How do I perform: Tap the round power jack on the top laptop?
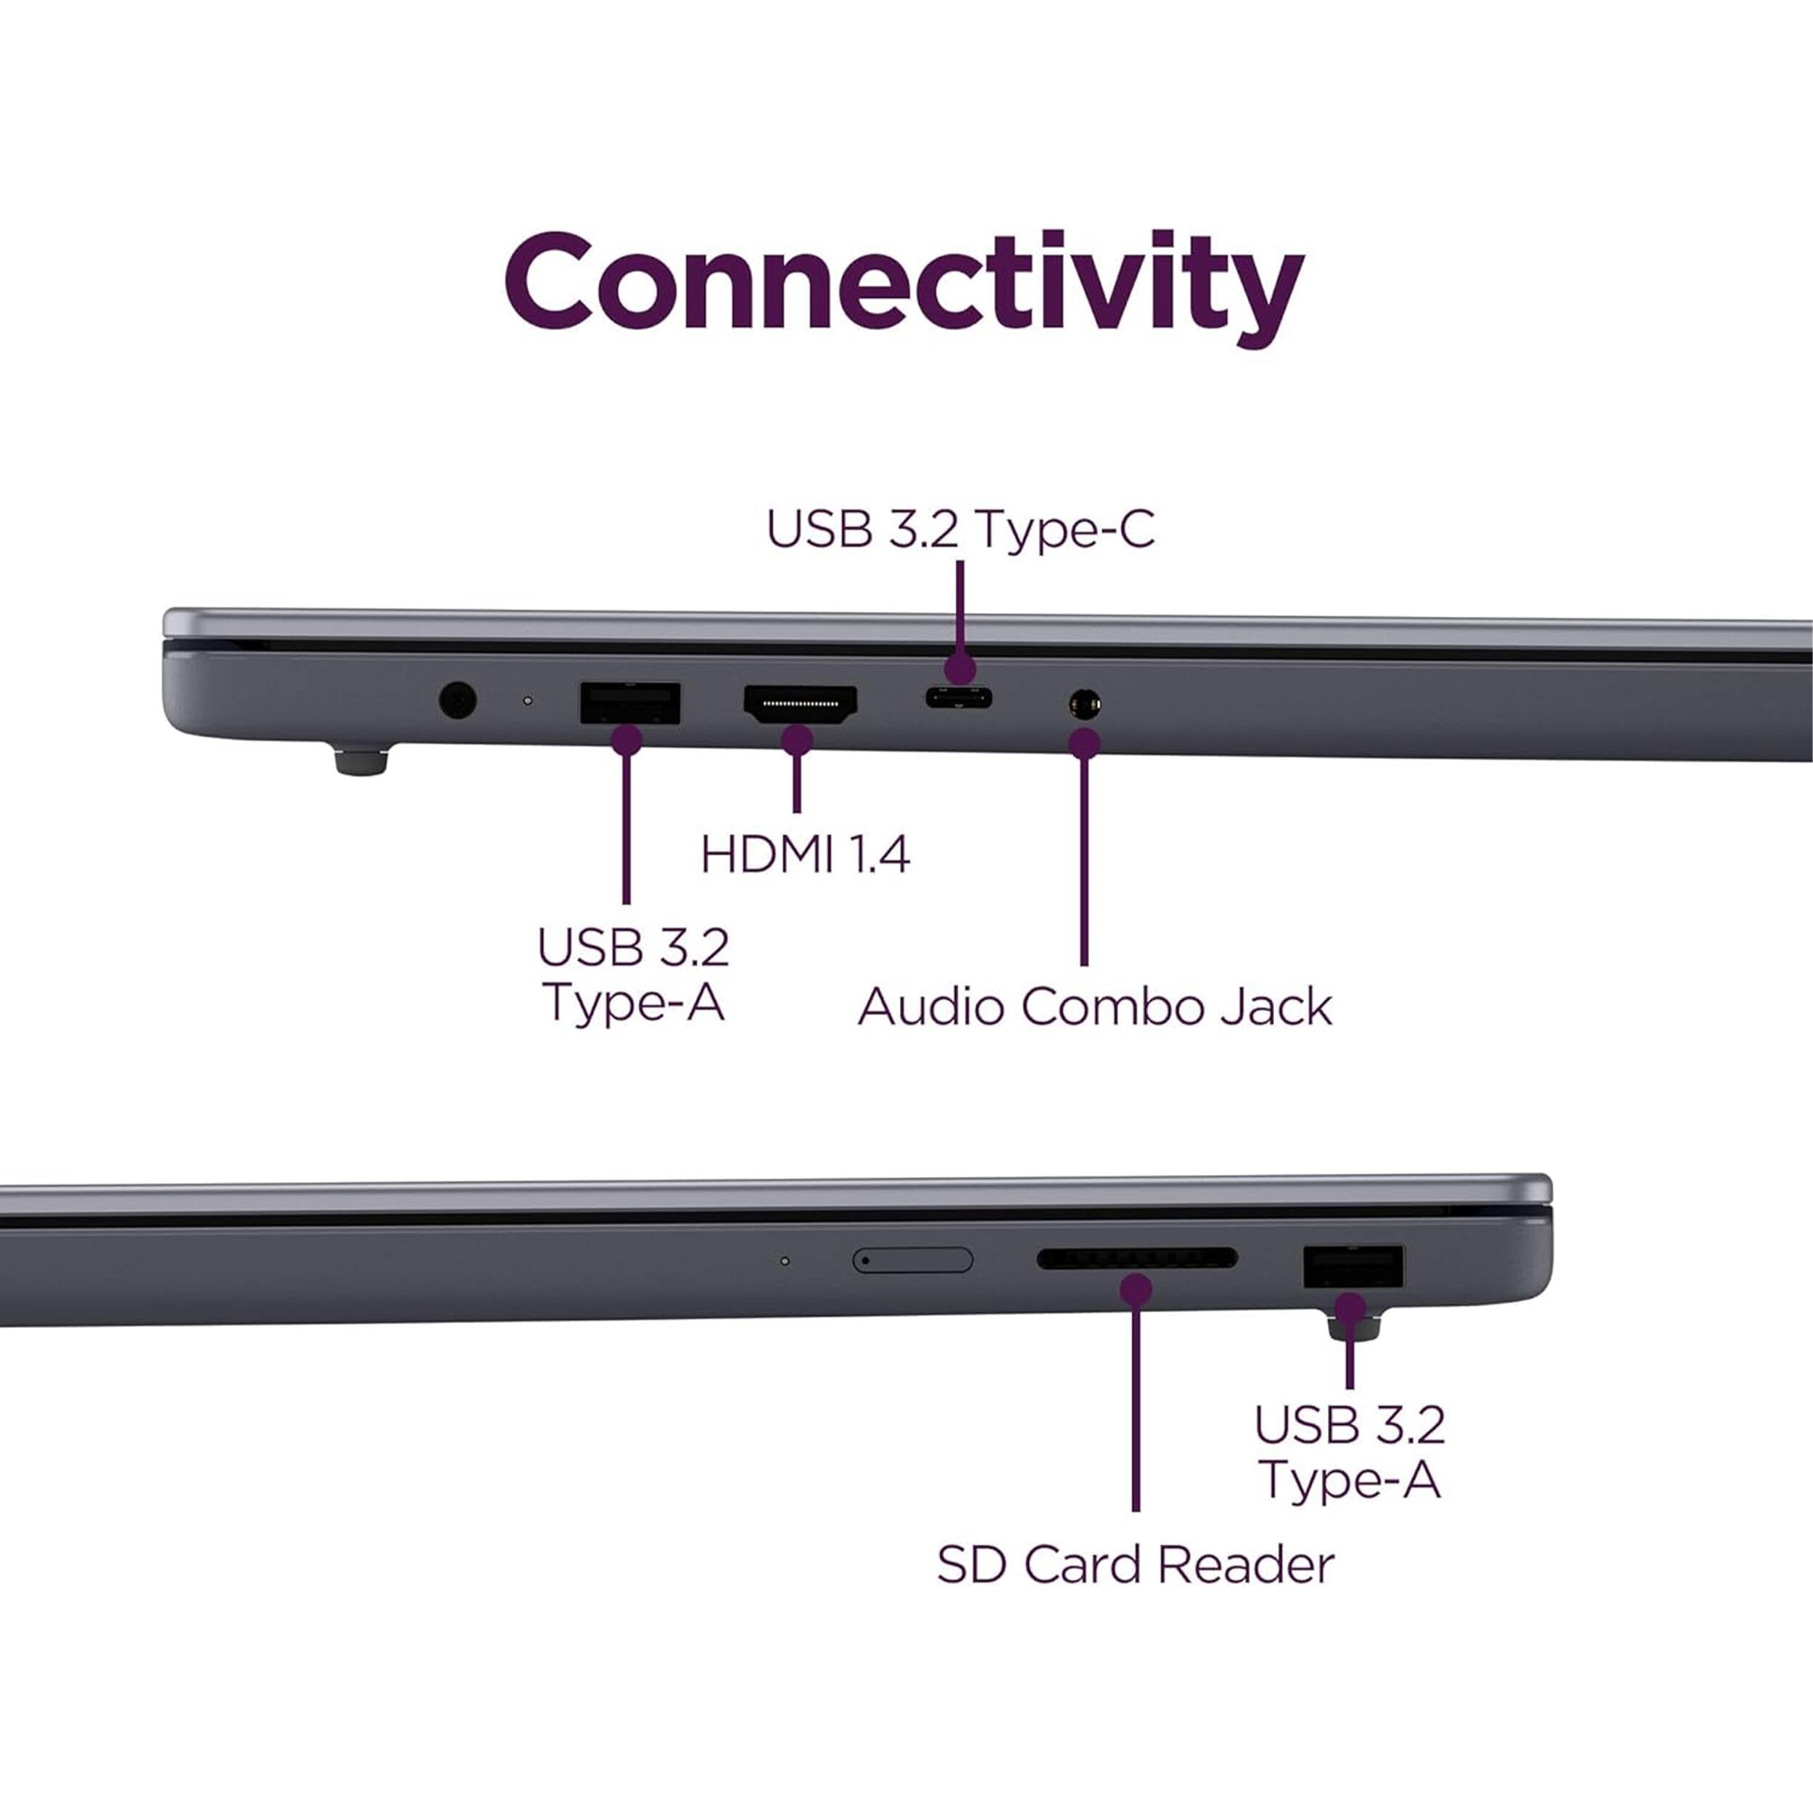[x=457, y=699]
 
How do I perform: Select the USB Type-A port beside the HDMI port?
[x=629, y=703]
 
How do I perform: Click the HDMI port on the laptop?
[x=799, y=703]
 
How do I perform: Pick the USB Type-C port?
[x=958, y=698]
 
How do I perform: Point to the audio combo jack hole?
[x=1085, y=703]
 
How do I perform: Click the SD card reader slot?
[x=1136, y=1258]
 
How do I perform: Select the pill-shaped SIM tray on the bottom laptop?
[x=912, y=1260]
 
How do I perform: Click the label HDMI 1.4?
[x=805, y=855]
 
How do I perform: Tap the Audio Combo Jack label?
[x=1094, y=1007]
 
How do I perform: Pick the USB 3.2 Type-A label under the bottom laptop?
[x=1350, y=1451]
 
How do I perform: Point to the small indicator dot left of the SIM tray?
[x=785, y=1260]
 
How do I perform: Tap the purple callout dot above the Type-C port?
[x=959, y=670]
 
